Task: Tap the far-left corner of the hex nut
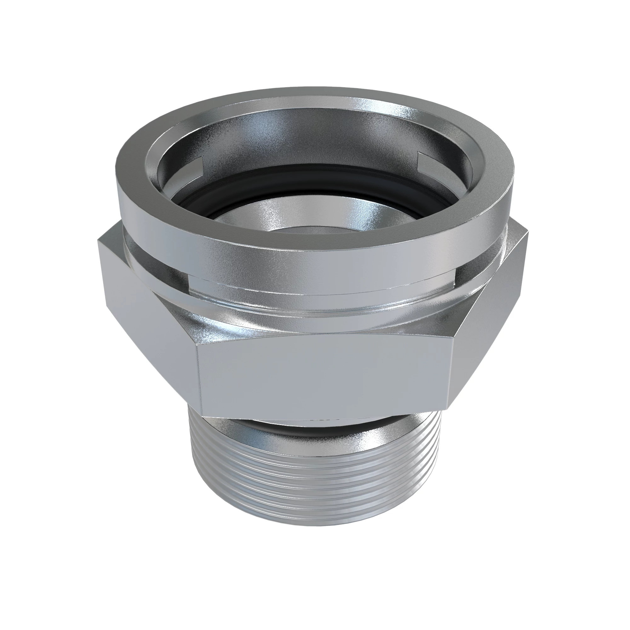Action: [x=99, y=241]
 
